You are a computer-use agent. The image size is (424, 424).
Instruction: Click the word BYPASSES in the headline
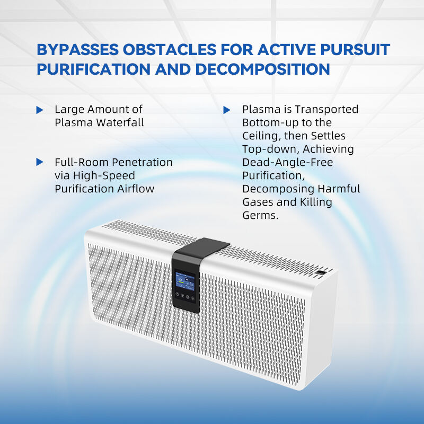pos(77,49)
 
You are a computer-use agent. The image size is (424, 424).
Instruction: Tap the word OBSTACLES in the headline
pos(170,49)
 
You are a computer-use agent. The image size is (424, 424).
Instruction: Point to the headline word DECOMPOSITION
pos(262,69)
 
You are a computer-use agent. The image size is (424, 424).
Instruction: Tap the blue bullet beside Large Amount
pos(40,110)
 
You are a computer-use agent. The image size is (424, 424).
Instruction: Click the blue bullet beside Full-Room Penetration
pos(40,162)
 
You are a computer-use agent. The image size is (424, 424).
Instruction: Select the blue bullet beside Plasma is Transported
pos(227,110)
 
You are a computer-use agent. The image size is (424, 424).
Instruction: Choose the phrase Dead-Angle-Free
pos(288,162)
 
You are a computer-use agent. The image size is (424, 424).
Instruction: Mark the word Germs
pos(260,215)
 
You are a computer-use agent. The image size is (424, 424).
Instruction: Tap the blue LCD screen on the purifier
pos(185,281)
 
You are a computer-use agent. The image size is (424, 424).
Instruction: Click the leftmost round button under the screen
pos(178,295)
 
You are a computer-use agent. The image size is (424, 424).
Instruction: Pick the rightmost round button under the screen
pos(192,298)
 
